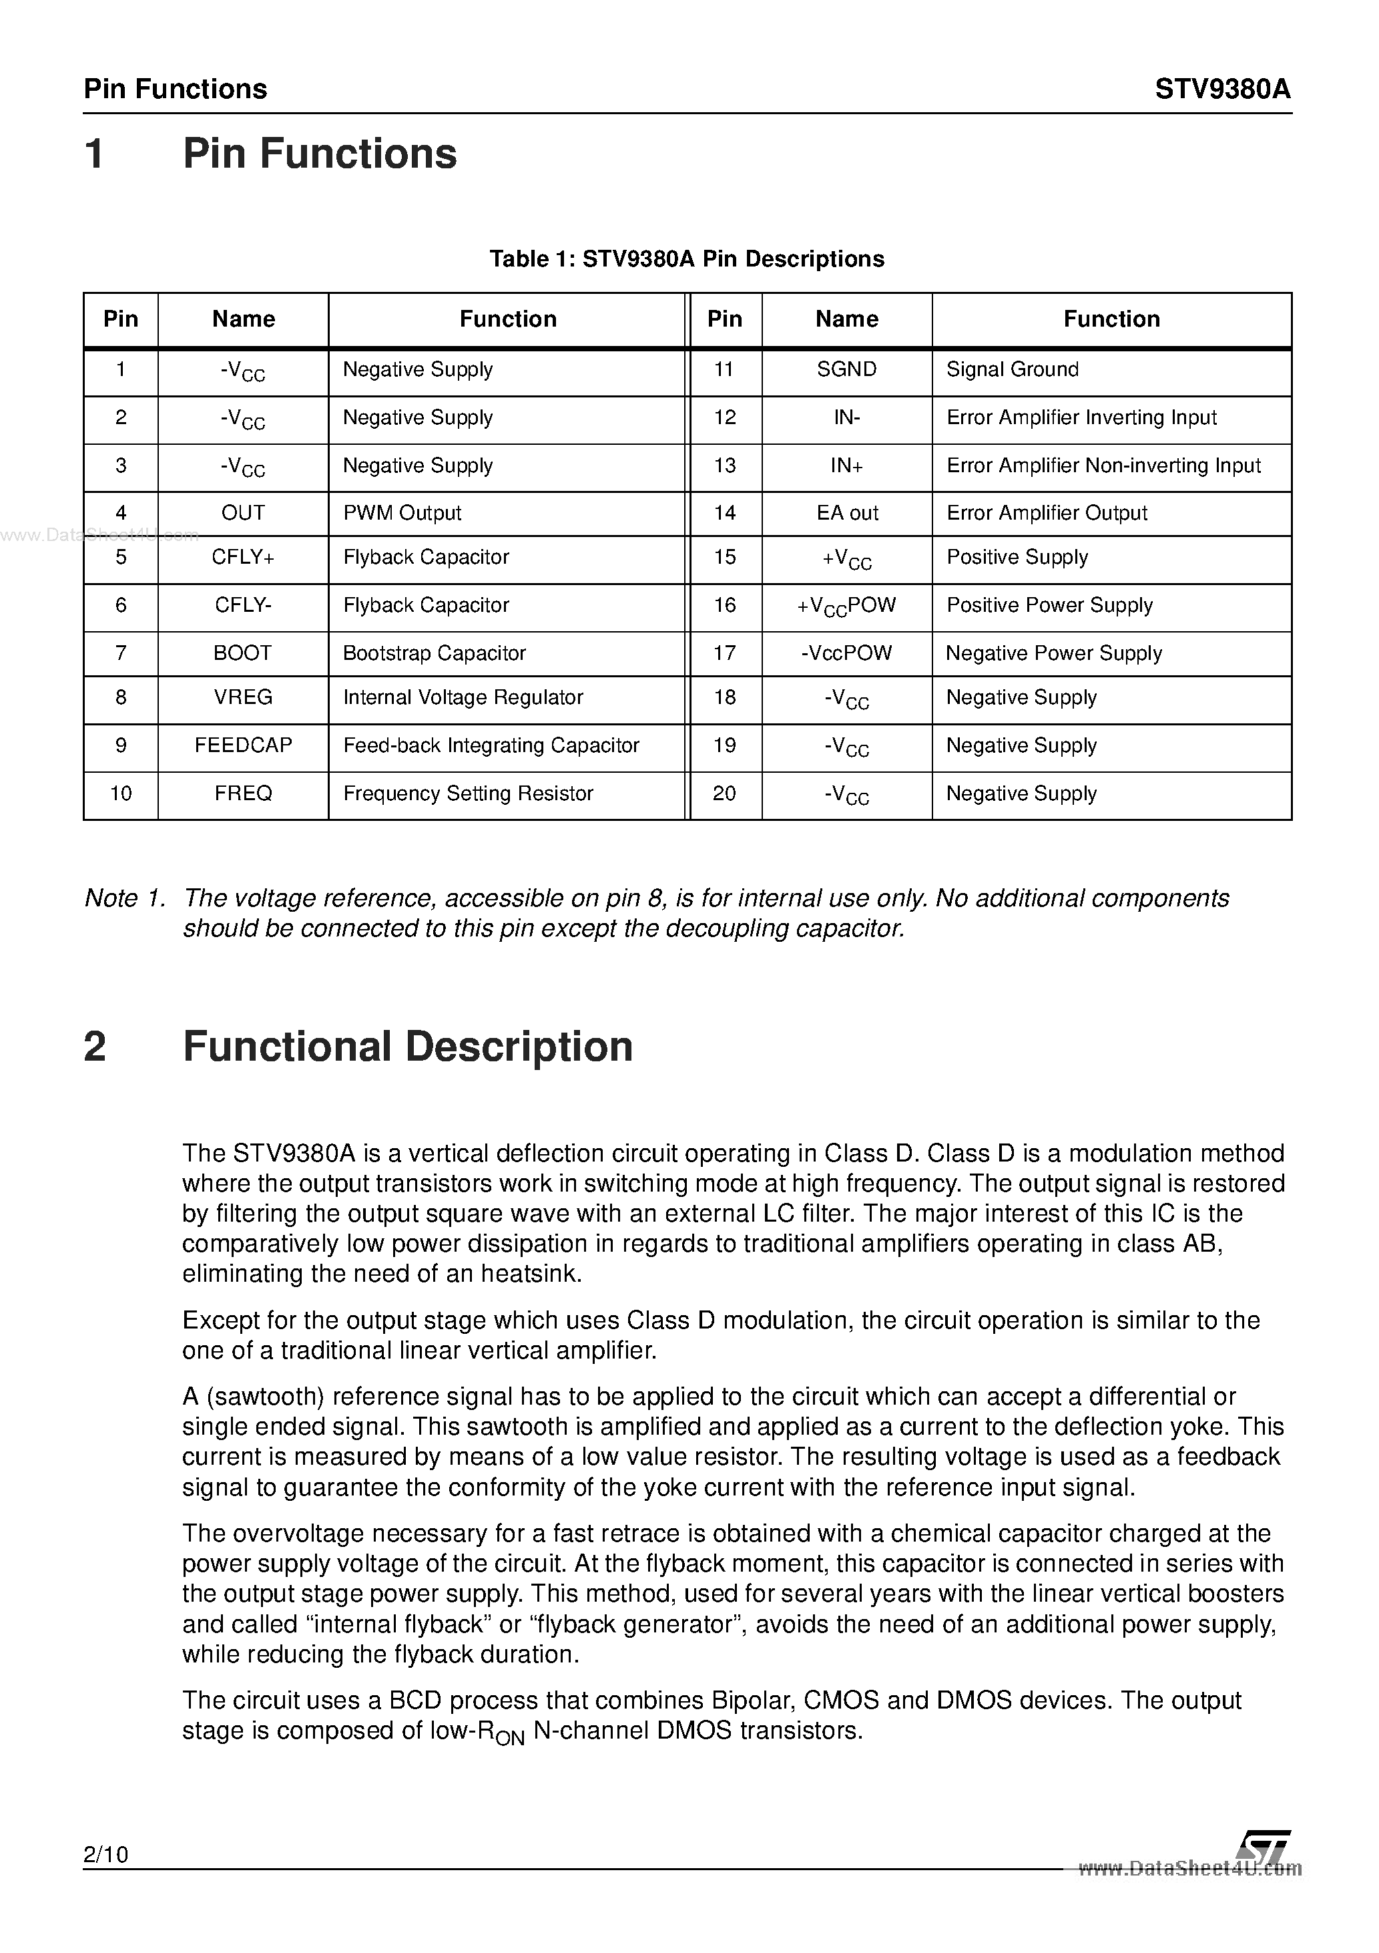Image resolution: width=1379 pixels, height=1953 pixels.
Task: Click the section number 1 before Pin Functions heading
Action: [95, 155]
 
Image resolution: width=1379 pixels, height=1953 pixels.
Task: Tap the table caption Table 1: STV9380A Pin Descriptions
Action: [686, 258]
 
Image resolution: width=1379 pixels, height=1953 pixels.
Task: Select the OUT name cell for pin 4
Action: [243, 513]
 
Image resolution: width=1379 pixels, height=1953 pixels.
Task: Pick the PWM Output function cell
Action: [402, 513]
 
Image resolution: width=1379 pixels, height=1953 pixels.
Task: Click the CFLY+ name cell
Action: [243, 557]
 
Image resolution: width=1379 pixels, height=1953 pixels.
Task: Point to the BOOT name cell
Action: [243, 653]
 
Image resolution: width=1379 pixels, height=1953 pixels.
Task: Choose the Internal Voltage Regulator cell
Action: [463, 697]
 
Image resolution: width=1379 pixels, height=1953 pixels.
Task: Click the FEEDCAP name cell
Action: [243, 745]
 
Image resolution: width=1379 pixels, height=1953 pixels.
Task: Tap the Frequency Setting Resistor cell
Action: [468, 793]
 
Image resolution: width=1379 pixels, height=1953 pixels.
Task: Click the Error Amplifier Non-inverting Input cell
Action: [1103, 466]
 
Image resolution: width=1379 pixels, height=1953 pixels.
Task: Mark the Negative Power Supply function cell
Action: [1053, 653]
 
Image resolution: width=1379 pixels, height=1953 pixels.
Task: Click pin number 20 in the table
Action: [724, 793]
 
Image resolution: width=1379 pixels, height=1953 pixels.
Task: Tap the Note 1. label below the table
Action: [124, 898]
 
